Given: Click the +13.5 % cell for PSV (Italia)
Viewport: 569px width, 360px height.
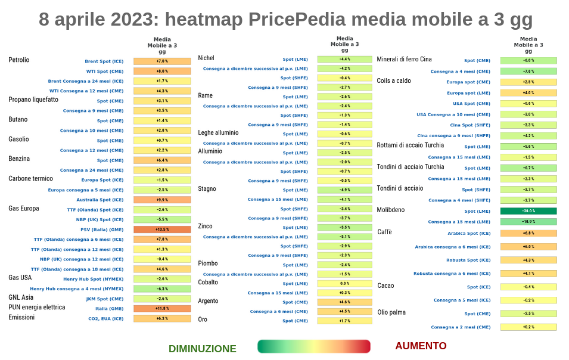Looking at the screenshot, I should [x=162, y=229].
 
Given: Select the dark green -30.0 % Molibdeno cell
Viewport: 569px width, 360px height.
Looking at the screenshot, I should [x=528, y=211].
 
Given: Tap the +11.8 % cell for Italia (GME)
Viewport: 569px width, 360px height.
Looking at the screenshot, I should [x=162, y=309].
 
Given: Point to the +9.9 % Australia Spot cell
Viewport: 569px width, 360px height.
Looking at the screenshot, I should [x=162, y=200].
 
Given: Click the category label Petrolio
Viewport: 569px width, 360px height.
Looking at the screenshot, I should [x=19, y=60].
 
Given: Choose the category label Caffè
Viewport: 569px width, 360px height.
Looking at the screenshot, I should [x=385, y=232].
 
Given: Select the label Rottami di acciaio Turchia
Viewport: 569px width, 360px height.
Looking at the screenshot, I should [x=411, y=145].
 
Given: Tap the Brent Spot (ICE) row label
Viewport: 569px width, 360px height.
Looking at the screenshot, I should [x=104, y=61].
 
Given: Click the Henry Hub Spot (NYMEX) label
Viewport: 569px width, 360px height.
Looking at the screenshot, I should [x=94, y=279].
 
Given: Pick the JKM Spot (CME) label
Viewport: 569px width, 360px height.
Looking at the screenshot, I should [x=105, y=299].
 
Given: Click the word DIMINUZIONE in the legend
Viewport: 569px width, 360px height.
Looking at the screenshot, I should [x=203, y=349].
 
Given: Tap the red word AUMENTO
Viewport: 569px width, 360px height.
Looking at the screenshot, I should [x=421, y=346].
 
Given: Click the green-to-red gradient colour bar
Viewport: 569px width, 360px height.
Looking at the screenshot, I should [x=314, y=346].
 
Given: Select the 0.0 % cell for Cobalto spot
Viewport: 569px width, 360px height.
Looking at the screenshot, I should [x=344, y=284].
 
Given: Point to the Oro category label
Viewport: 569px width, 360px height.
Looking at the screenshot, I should [x=203, y=319].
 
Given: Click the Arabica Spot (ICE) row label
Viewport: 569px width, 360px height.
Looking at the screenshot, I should [x=469, y=234].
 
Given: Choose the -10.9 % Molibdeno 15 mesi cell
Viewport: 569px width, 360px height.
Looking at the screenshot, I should [x=528, y=222].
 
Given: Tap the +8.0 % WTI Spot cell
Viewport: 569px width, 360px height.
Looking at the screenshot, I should [x=162, y=71].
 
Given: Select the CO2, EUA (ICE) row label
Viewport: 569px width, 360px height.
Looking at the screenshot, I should [x=106, y=319].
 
